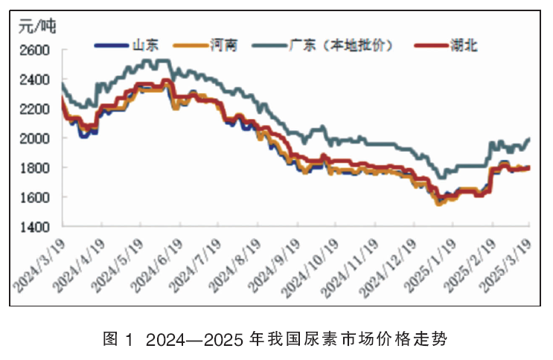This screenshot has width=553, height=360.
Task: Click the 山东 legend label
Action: coord(145,45)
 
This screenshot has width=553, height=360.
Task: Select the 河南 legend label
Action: coord(224,45)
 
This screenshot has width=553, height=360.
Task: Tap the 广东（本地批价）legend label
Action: coord(341,45)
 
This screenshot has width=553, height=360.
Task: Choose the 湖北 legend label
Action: coord(464,45)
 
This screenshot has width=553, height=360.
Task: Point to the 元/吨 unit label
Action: coord(37,26)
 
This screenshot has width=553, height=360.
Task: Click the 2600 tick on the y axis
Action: coord(34,51)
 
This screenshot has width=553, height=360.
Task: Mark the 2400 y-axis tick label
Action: coord(34,80)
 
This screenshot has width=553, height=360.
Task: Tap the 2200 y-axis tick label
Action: coord(34,109)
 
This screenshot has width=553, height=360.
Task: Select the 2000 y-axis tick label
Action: coord(34,138)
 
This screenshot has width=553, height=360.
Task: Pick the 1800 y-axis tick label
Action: coord(34,168)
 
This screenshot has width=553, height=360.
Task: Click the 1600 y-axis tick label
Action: coord(34,197)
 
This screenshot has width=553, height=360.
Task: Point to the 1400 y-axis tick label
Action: coord(34,227)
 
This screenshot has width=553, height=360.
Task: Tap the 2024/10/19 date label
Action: coord(310,267)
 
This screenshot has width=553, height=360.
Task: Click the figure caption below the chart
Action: coord(275,339)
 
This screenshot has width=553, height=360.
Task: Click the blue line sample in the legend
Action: coord(112,45)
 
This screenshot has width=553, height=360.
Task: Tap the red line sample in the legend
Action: coord(431,45)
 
